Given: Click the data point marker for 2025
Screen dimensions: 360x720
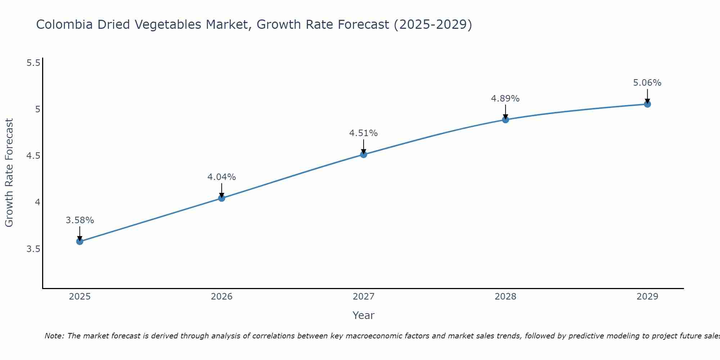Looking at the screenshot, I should (80, 241).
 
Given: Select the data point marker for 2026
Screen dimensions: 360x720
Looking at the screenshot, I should (222, 198).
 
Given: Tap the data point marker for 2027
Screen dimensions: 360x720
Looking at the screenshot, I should (364, 154).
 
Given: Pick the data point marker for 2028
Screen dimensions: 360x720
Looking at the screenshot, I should (505, 120).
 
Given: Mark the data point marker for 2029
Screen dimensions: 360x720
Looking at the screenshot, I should (647, 104).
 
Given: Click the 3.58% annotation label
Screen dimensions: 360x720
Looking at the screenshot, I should (80, 220).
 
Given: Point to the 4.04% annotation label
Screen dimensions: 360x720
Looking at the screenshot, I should (222, 177).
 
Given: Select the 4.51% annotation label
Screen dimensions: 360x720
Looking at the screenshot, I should (364, 133).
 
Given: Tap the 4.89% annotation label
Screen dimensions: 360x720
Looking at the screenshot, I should (505, 99).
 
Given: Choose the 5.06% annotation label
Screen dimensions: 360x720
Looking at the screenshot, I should (647, 83).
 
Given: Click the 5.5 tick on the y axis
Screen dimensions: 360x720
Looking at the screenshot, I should (33, 63).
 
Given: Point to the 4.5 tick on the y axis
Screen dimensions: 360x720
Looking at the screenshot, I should (33, 156).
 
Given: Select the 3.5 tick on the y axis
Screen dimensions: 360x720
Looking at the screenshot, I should (33, 249).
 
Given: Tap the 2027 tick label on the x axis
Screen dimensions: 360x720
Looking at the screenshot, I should (364, 297).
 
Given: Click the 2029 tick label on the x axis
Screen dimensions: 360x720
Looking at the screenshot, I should (647, 297).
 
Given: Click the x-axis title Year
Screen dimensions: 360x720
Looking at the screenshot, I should (364, 315).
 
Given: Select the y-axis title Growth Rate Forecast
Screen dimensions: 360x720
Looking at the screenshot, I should (9, 173).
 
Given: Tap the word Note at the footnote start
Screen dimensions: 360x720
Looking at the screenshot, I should (54, 336).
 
